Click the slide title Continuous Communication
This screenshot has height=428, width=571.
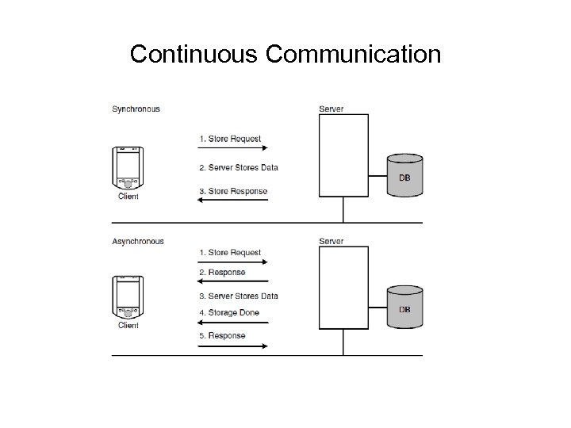coord(285,54)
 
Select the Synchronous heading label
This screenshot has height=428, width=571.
coord(136,109)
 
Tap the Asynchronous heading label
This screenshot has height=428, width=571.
coord(138,242)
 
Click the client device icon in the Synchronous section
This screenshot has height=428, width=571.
coord(128,167)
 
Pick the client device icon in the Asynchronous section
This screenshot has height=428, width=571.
coord(128,296)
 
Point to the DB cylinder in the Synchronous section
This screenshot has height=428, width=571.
coord(404,174)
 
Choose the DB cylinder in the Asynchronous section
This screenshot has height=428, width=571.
coord(404,308)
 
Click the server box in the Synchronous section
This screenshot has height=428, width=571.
coord(343,155)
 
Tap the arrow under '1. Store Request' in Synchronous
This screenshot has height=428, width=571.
coord(233,148)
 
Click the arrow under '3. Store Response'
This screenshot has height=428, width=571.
coord(233,200)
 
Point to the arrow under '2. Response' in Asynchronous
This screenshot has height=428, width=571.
coord(233,281)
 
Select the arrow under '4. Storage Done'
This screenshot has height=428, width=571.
coord(233,321)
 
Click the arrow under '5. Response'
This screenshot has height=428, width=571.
coord(233,345)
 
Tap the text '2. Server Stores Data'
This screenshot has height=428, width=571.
coord(238,167)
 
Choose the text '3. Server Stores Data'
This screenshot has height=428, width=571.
coord(238,296)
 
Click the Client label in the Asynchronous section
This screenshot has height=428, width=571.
coord(128,325)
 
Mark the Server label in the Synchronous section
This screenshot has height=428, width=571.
coord(331,109)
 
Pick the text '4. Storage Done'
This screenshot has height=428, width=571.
coord(228,312)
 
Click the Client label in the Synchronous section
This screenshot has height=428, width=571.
coord(128,197)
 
